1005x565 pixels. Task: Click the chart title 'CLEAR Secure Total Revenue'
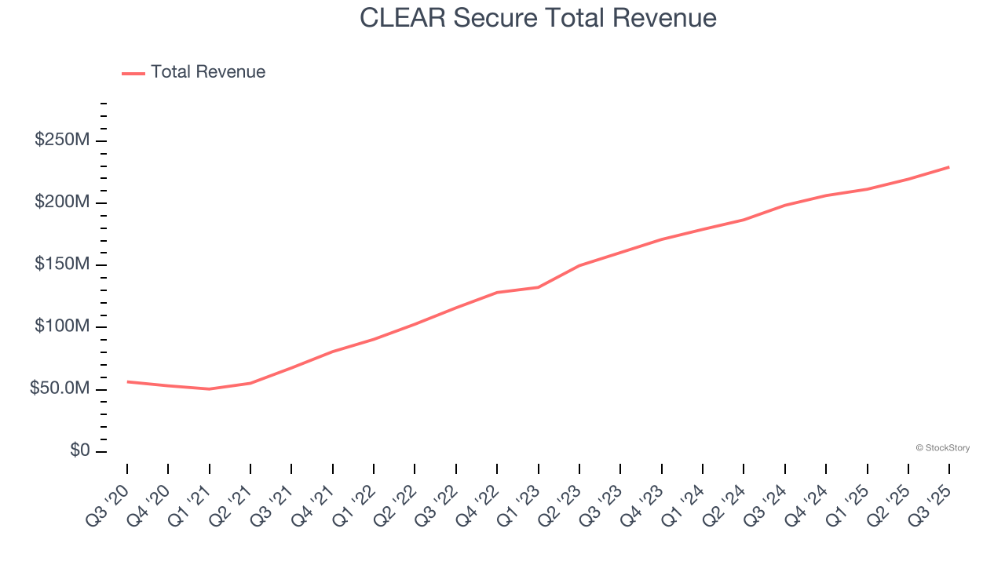coord(538,18)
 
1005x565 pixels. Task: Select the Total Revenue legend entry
coord(194,72)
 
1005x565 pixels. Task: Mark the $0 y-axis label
coord(79,451)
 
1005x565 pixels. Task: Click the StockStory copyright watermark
coord(942,448)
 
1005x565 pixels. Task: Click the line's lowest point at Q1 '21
coord(209,388)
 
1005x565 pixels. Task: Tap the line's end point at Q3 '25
coord(948,167)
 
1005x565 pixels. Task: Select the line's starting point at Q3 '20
coord(127,381)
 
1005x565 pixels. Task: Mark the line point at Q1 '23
coord(538,287)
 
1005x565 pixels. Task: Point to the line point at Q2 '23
coord(579,265)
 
